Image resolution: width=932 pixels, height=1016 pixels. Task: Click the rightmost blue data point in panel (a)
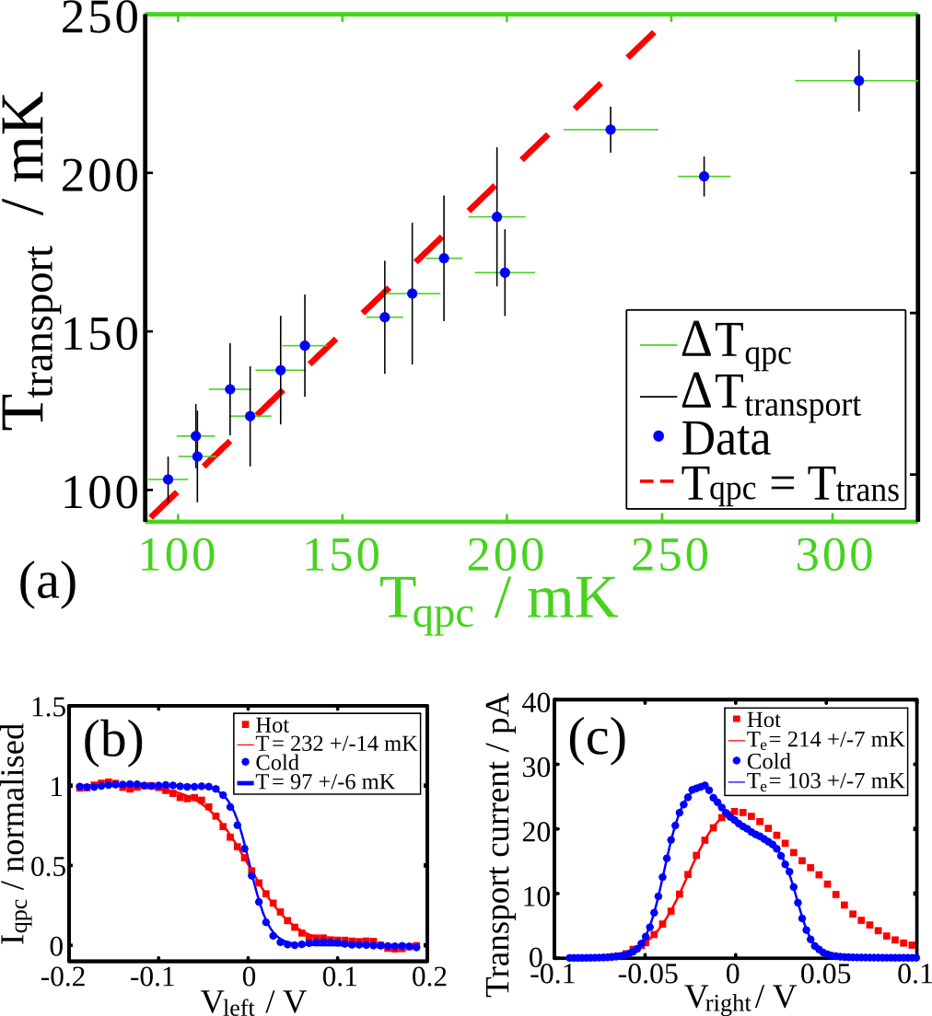(x=858, y=80)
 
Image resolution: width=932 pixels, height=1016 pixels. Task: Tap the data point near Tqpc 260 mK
(x=704, y=176)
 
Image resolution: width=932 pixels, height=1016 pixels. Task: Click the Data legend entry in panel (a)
(x=724, y=440)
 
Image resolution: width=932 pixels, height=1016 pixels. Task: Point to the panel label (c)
(x=596, y=740)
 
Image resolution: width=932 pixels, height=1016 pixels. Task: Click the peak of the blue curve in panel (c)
(x=704, y=785)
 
